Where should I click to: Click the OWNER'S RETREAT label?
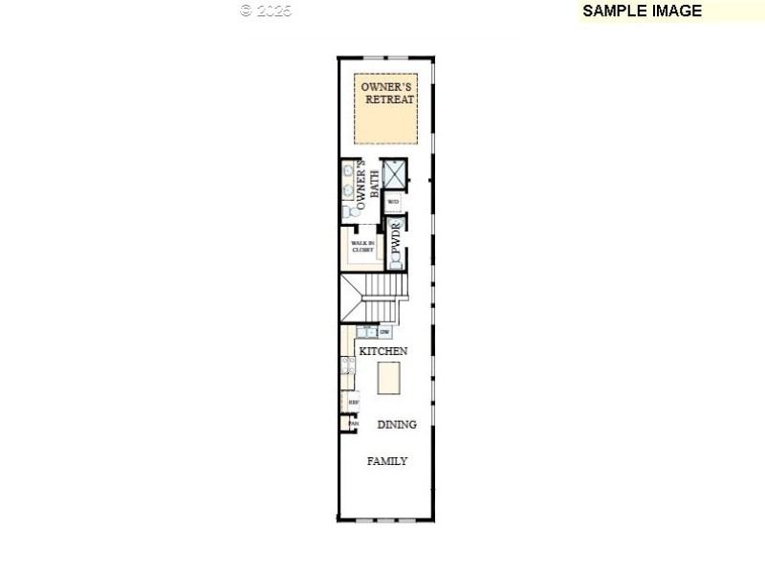387,93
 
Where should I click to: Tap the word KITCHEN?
382,351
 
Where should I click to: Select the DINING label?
397,425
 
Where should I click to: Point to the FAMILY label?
387,461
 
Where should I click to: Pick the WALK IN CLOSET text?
362,247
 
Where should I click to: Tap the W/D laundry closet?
393,202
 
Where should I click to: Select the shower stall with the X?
395,174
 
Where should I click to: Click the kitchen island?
388,379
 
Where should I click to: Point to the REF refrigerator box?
352,403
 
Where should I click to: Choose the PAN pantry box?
352,424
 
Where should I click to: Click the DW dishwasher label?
384,332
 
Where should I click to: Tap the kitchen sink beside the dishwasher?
366,332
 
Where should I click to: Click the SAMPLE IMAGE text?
642,11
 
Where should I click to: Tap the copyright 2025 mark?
266,11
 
